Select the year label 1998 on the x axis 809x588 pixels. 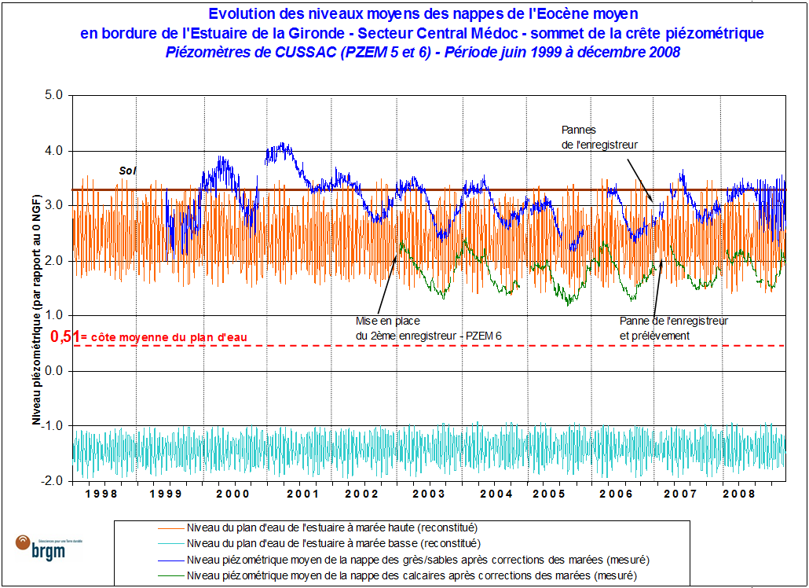(103, 494)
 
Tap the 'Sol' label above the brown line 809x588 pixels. (127, 170)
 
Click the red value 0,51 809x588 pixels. (65, 336)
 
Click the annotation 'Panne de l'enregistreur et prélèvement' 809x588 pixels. (673, 328)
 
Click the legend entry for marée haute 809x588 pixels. (332, 527)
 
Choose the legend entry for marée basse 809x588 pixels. (332, 542)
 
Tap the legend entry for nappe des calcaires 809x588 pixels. (412, 575)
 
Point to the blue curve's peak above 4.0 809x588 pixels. (282, 145)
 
